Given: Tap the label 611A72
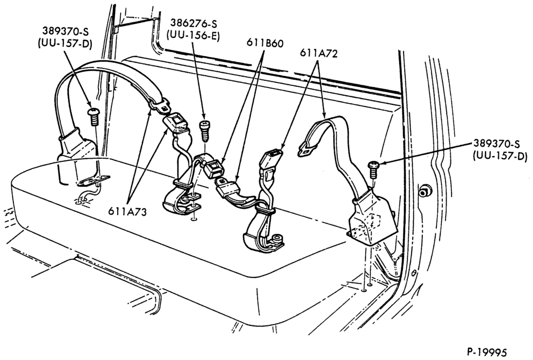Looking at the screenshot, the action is (x=319, y=53).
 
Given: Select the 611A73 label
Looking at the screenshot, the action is (x=127, y=211).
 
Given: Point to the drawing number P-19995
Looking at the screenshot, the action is (x=486, y=351).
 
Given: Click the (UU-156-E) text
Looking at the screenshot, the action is (x=193, y=36).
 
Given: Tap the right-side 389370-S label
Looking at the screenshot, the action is (x=496, y=144).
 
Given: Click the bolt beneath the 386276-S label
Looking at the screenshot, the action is (x=204, y=131).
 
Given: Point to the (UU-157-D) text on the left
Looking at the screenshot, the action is (x=64, y=44).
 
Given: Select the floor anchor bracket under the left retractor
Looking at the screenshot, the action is (x=92, y=182).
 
